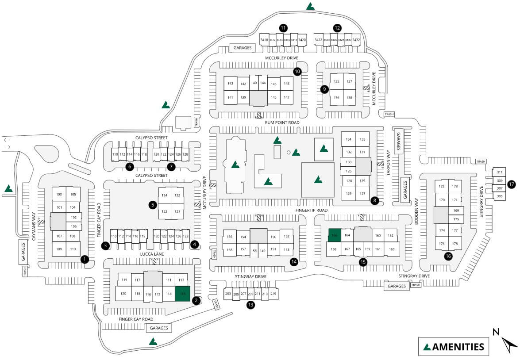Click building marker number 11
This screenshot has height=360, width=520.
pos(283,28)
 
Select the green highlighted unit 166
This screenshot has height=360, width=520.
pos(335,235)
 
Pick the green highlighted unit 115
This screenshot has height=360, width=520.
pos(182,294)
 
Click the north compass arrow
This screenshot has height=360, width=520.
pos(509,343)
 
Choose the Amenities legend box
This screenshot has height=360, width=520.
pos(454,346)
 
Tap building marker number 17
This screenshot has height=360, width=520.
pos(512,184)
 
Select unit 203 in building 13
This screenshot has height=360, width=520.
pos(228,294)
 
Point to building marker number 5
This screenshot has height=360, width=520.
pos(153,205)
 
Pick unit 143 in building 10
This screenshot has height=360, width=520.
pos(230,84)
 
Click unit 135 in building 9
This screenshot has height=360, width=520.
pos(336,81)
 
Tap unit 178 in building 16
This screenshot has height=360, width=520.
pos(455,244)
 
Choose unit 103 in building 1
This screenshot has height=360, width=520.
pos(59,195)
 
